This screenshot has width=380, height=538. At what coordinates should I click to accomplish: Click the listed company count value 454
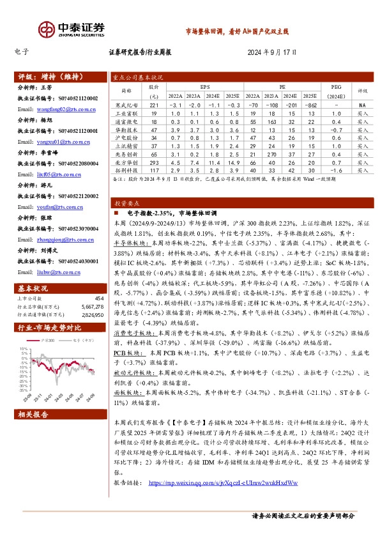pyautogui.click(x=98, y=298)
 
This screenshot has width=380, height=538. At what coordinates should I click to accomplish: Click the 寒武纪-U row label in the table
pyautogui.click(x=126, y=105)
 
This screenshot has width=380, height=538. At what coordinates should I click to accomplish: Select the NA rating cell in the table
pyautogui.click(x=362, y=105)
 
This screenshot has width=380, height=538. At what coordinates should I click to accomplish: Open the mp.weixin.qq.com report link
pyautogui.click(x=222, y=482)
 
